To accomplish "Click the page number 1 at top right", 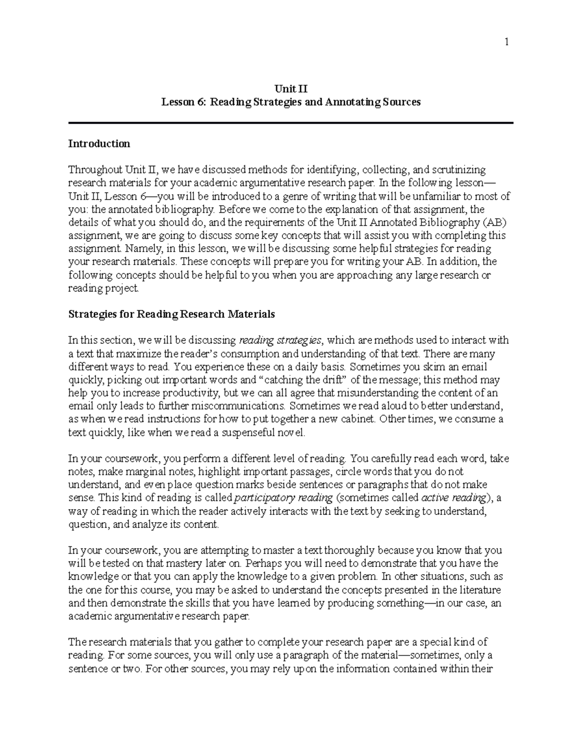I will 506,42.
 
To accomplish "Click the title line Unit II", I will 291,89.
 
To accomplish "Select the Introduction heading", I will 99,144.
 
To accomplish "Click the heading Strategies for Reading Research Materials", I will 171,314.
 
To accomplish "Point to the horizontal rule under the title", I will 291,123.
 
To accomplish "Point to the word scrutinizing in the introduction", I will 455,170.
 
